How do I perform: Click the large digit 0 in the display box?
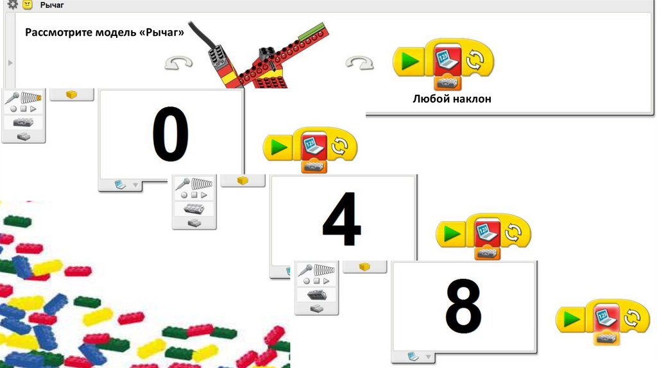click(170, 133)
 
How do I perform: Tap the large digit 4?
click(341, 219)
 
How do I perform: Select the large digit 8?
click(463, 306)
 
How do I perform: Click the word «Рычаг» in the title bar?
click(52, 5)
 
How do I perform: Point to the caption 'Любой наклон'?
click(452, 99)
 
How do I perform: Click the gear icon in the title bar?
click(13, 4)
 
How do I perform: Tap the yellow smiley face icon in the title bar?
click(28, 4)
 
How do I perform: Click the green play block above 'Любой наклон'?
click(409, 62)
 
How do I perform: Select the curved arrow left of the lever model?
click(178, 63)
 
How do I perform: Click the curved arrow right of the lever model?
click(359, 63)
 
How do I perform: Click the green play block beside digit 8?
click(571, 319)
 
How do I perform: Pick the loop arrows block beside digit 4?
click(514, 232)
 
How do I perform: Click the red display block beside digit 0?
click(314, 146)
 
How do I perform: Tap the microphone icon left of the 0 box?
click(12, 98)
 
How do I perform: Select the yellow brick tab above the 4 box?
click(243, 180)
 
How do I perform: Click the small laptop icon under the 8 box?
click(413, 356)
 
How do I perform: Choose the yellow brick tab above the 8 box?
click(364, 267)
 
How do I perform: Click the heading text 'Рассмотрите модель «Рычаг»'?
click(105, 32)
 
